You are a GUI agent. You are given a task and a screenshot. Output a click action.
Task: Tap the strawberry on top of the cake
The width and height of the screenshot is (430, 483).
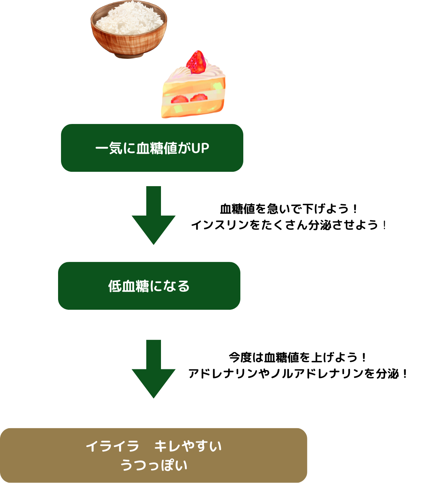pos(196,62)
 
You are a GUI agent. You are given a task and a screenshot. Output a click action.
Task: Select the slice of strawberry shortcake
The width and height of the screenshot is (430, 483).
pos(193,90)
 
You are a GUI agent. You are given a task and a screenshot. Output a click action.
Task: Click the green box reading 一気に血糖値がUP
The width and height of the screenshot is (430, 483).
pos(152,148)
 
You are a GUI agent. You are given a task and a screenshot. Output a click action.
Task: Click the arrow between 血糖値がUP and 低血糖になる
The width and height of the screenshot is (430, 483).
pos(154,215)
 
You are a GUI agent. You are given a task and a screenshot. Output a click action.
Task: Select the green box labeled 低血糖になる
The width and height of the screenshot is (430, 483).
pos(149,286)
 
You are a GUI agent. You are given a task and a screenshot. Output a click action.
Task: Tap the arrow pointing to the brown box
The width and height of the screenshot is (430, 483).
pos(154,369)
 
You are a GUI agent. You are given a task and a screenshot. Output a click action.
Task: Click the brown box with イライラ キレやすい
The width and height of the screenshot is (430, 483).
pos(154,455)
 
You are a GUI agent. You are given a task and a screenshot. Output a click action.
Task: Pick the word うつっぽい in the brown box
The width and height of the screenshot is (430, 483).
pos(154,465)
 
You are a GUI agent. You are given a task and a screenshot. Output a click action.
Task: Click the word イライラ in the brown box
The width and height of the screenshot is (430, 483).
pos(112,447)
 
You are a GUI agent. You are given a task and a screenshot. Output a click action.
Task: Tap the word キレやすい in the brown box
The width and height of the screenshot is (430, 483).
pos(188,447)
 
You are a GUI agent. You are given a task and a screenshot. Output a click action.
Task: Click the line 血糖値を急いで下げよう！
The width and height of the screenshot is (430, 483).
pos(289,209)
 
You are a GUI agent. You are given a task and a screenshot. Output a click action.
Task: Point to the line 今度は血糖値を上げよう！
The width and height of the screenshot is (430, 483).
pos(298,357)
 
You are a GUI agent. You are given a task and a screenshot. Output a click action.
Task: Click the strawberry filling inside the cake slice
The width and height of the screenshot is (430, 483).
pos(189,99)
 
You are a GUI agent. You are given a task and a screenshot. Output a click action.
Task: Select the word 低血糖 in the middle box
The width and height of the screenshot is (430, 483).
pos(128,286)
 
